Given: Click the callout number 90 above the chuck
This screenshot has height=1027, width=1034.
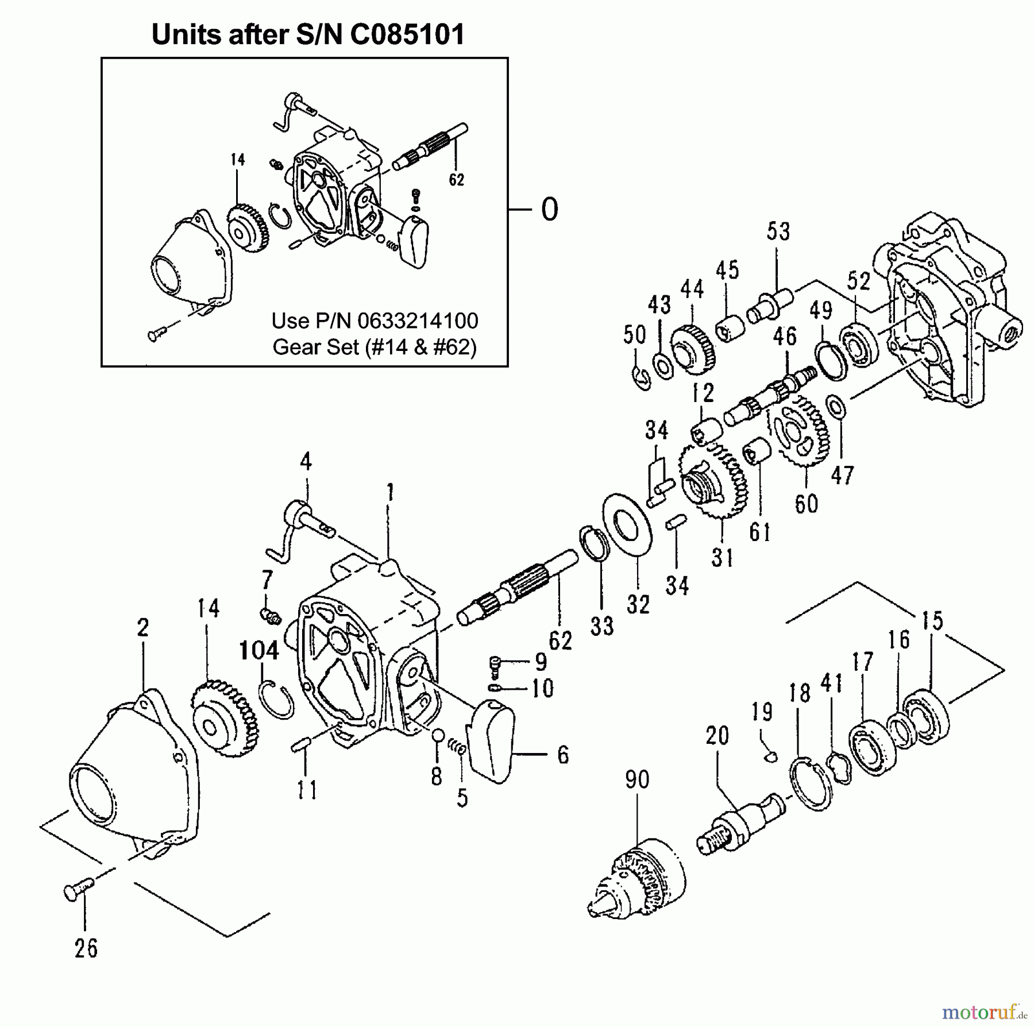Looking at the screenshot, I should coord(636,779).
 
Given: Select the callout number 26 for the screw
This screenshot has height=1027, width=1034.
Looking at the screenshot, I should coord(86,948).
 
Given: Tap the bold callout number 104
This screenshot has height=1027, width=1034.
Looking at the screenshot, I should coord(259,651).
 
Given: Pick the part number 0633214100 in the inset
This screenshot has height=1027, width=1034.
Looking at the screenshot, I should coord(418,321).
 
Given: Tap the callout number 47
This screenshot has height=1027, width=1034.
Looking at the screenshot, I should coord(842,476).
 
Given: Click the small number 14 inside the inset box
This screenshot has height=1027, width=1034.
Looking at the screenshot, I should coord(238,160).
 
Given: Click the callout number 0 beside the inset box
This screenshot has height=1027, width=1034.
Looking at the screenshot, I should coord(550,210).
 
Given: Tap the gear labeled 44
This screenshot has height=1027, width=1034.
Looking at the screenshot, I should coord(692,348).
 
